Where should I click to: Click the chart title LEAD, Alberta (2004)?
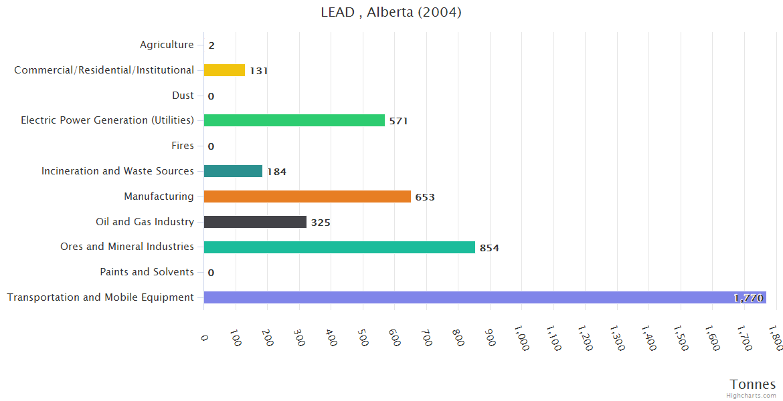[391, 12]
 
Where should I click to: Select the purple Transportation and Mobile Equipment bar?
[485, 297]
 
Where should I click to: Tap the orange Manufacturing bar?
[307, 196]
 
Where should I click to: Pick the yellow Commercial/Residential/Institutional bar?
[224, 70]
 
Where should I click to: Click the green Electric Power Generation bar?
[294, 120]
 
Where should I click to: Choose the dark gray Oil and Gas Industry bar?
[255, 222]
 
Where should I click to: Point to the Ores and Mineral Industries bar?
[339, 247]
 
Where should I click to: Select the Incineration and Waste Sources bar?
[233, 171]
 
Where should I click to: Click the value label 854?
[489, 248]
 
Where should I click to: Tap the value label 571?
[398, 121]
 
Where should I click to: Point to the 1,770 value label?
[748, 298]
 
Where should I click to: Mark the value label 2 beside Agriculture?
[211, 45]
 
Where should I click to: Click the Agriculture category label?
[167, 45]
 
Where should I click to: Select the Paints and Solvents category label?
[147, 272]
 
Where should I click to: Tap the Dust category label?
[183, 96]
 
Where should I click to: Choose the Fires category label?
[183, 146]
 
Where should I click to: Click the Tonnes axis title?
[753, 384]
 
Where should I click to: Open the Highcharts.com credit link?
[752, 396]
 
